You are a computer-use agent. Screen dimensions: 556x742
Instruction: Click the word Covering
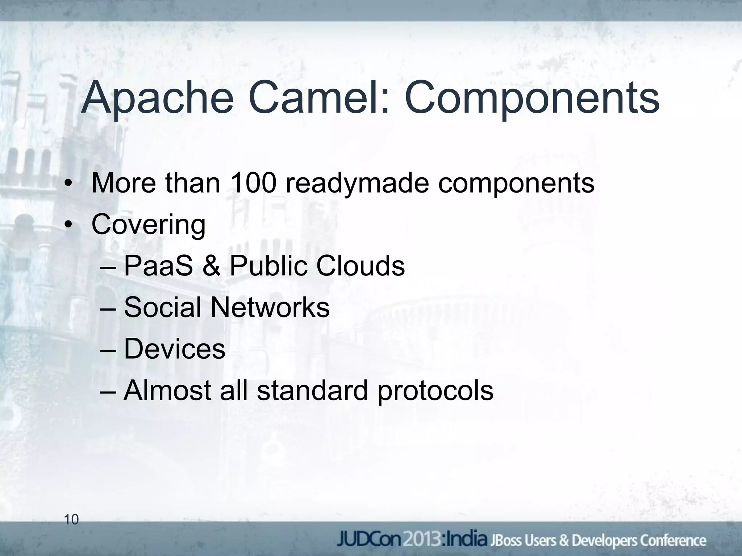coord(148,225)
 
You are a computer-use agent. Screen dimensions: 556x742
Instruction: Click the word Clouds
coord(360,266)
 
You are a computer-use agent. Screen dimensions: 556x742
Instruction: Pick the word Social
coord(162,307)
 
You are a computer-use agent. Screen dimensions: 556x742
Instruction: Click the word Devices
coord(175,349)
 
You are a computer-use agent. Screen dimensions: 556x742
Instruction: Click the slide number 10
coord(71,520)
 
